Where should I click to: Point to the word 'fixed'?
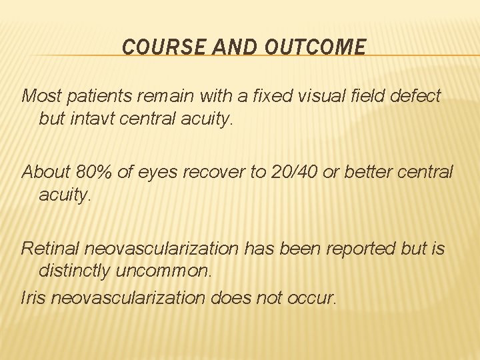click(x=268, y=96)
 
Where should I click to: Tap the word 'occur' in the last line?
click(x=313, y=298)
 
